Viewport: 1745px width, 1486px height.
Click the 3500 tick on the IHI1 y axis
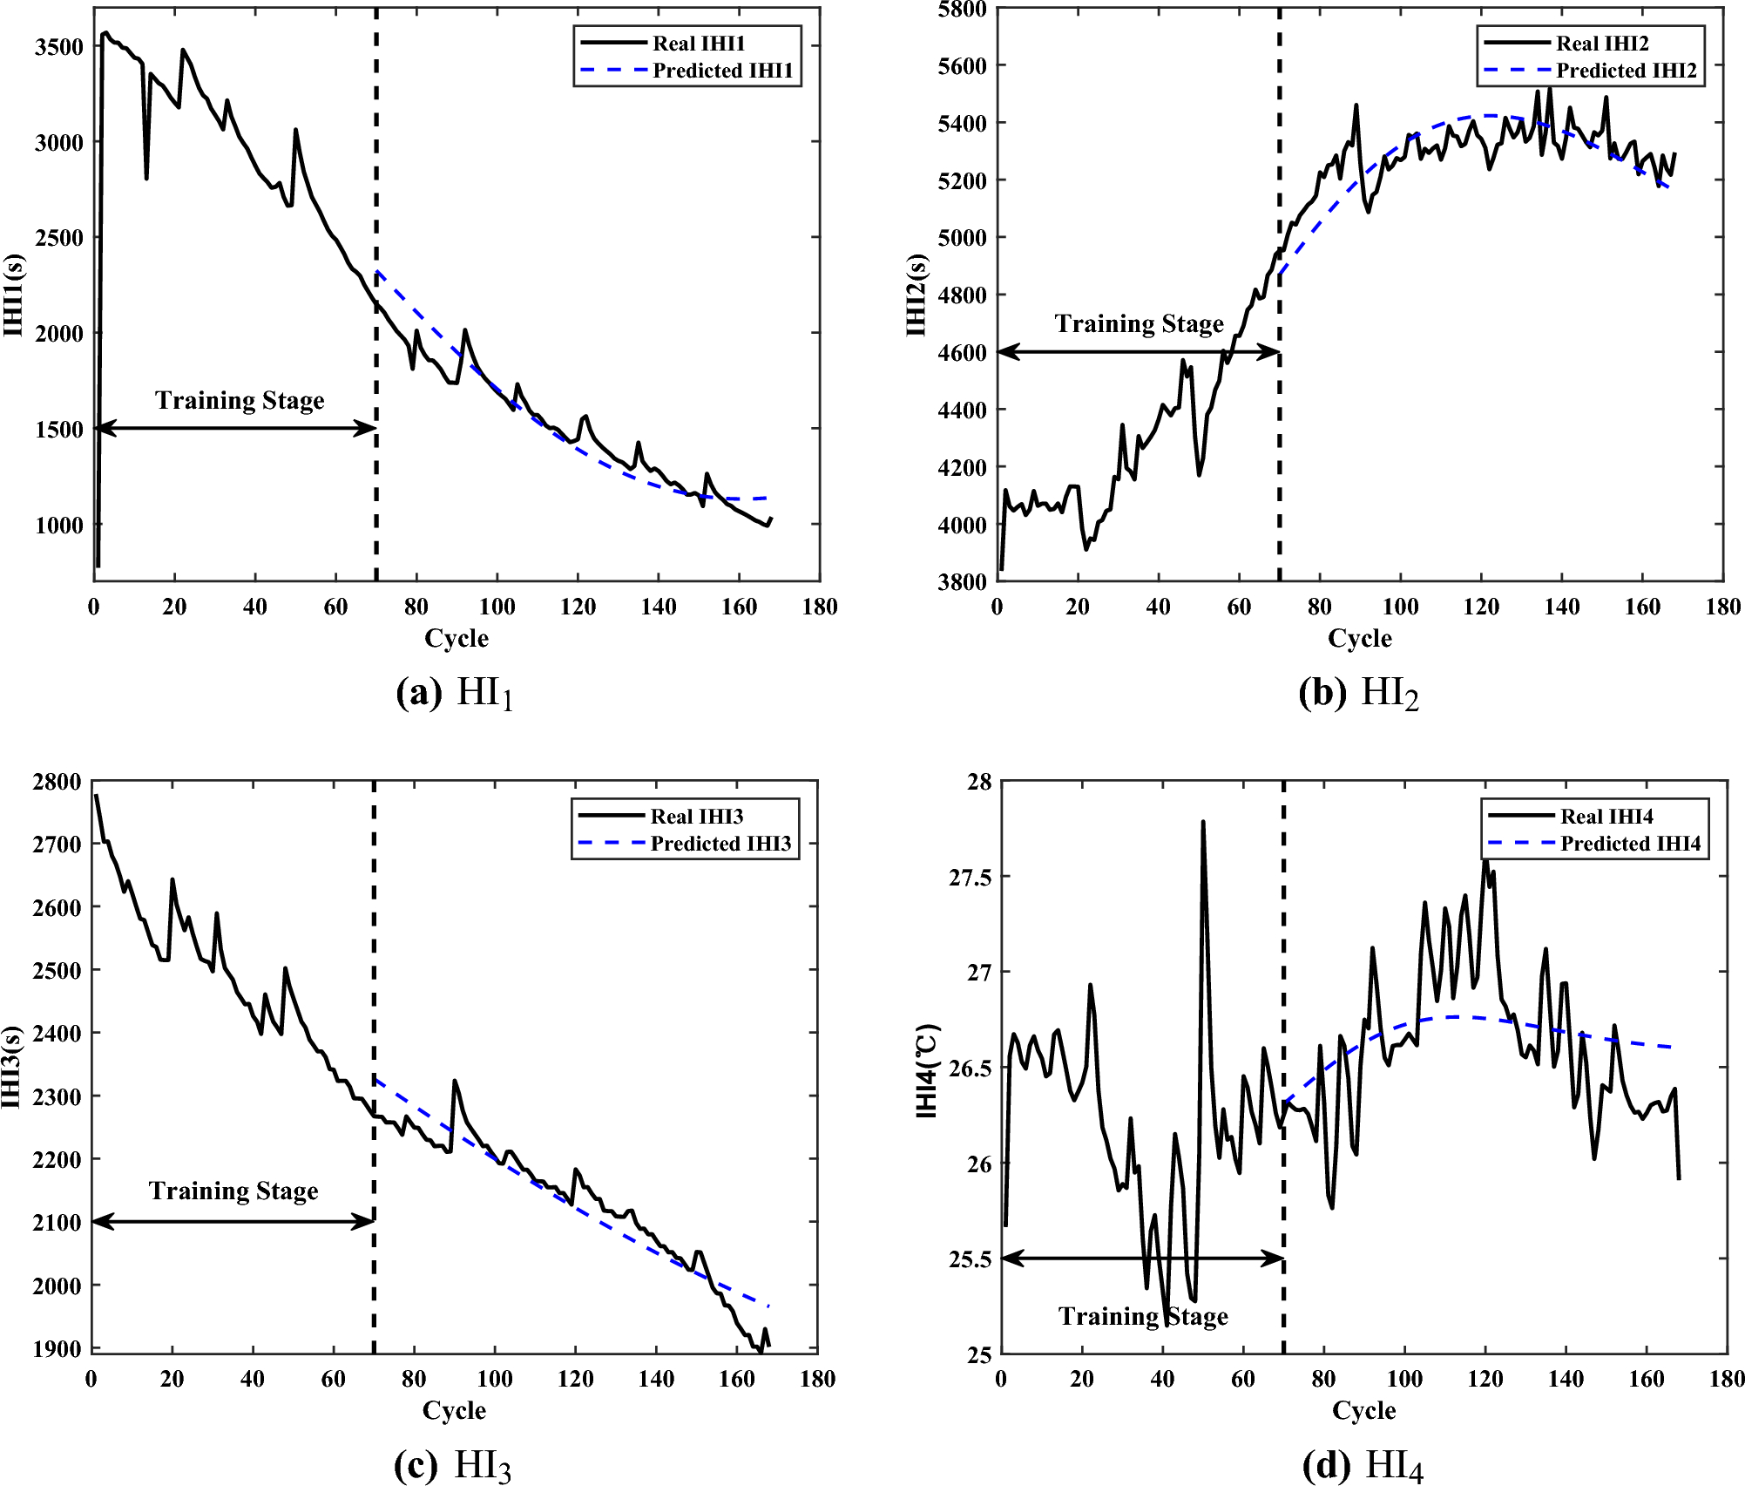(x=58, y=47)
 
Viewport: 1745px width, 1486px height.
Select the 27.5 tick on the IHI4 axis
(x=971, y=878)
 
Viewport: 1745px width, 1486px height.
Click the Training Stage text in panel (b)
(x=1139, y=324)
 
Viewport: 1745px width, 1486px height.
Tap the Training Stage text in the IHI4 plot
(x=1142, y=1316)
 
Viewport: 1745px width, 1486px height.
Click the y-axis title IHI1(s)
(x=14, y=295)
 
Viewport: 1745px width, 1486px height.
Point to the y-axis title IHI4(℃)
(x=927, y=1071)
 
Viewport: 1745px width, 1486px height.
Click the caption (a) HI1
(x=455, y=694)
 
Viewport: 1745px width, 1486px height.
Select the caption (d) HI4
(x=1363, y=1465)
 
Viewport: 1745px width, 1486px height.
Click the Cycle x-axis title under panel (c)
(x=454, y=1410)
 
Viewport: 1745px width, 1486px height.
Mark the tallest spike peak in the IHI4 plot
(x=1202, y=822)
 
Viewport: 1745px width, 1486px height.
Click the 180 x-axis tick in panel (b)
(x=1722, y=607)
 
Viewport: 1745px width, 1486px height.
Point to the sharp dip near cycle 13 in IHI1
(x=146, y=178)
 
